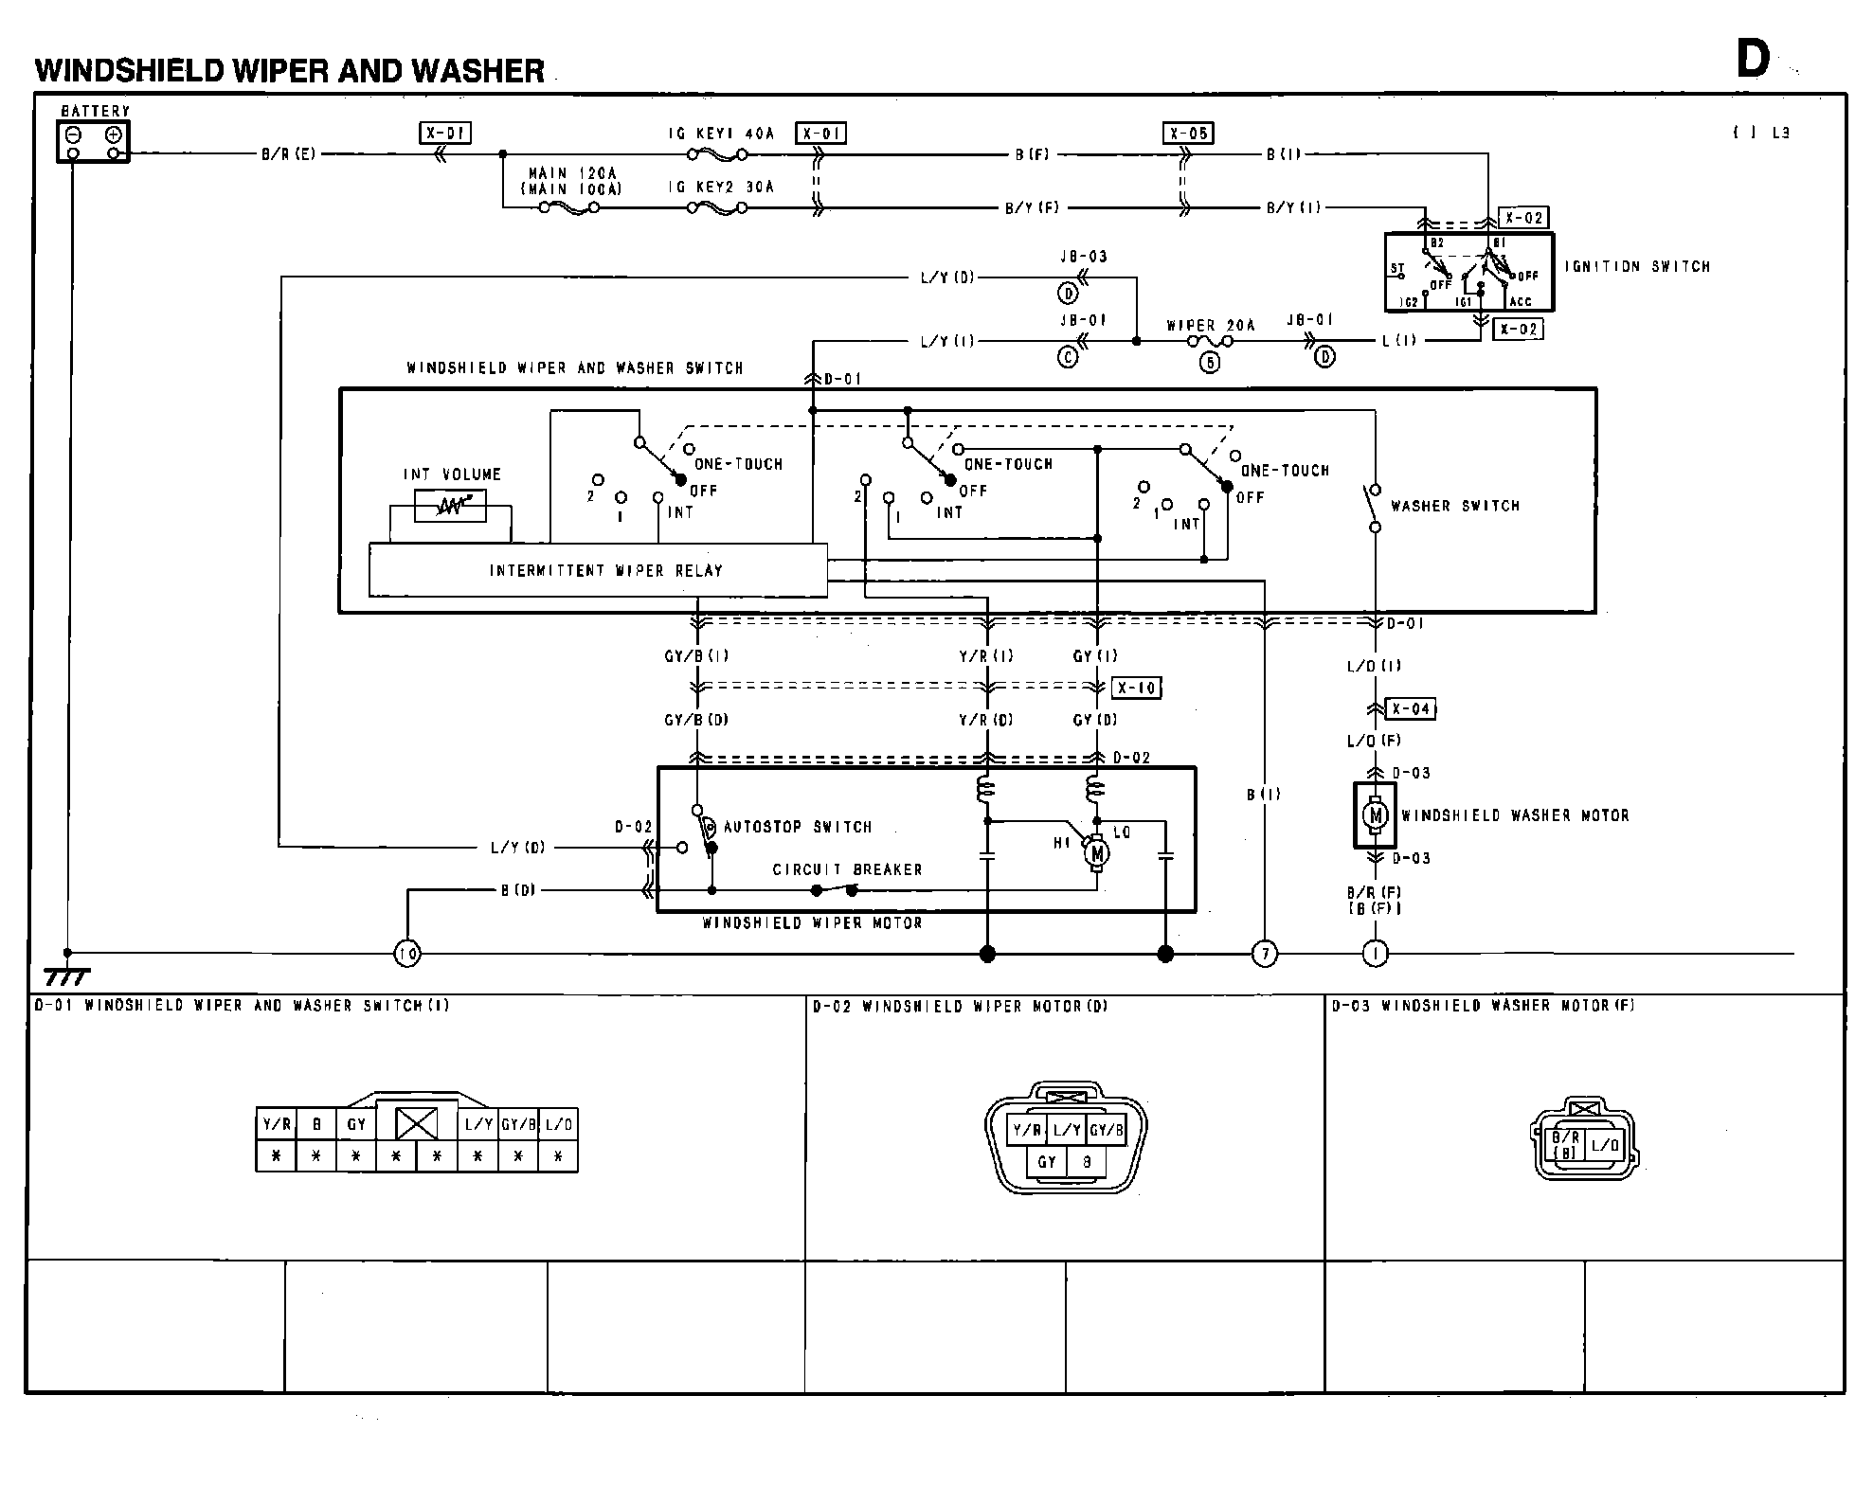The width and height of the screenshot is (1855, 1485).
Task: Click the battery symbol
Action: [93, 142]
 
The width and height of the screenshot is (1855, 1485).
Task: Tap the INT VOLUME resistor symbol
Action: [451, 507]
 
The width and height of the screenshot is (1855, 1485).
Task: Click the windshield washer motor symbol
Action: [1375, 814]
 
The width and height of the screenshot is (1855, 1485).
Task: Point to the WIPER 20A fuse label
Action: [1210, 326]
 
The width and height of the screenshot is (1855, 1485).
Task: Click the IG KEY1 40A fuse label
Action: [721, 134]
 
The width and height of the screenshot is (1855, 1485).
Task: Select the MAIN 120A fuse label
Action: [572, 173]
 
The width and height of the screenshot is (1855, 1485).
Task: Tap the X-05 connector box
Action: [1188, 134]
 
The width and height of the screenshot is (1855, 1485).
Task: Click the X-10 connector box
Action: [1136, 688]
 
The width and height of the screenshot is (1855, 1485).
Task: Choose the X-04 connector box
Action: [1411, 708]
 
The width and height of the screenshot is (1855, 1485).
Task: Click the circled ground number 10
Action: [406, 954]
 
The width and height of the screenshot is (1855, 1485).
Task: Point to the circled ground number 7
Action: [1265, 954]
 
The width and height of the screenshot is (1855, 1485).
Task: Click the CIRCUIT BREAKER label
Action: [846, 869]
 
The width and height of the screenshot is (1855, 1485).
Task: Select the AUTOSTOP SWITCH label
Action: [797, 827]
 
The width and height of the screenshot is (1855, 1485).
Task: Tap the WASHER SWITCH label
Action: [1454, 506]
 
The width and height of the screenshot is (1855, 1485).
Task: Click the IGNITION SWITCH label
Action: [1637, 267]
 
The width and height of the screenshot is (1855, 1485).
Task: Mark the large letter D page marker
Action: [1752, 60]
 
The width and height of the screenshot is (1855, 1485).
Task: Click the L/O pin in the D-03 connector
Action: [1606, 1145]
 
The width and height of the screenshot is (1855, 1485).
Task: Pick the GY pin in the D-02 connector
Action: [1047, 1162]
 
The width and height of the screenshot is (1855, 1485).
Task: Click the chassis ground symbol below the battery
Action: [66, 975]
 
